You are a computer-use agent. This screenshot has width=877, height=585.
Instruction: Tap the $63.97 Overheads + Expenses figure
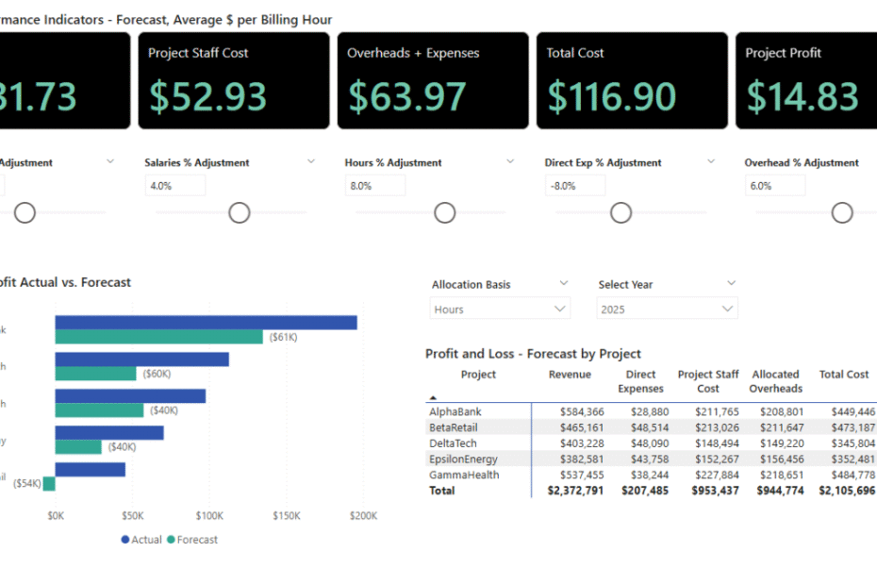coord(407,96)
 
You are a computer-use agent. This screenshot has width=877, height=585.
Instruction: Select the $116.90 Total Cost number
coord(612,96)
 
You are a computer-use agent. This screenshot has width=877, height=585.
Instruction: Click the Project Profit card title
coord(783,53)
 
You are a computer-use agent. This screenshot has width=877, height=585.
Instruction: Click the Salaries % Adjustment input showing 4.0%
coord(175,186)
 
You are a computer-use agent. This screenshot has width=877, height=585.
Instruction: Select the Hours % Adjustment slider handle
coord(444,213)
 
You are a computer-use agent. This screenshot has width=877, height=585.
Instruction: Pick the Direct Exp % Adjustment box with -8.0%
coord(575,186)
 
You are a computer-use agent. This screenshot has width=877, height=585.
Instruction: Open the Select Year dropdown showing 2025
coord(667,309)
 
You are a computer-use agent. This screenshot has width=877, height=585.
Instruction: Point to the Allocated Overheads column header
coord(775,381)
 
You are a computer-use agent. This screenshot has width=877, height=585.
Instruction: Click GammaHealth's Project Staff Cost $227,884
coord(714,475)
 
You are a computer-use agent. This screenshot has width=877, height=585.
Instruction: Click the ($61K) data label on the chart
coord(283,337)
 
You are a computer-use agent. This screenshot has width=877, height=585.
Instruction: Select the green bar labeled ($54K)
coord(49,483)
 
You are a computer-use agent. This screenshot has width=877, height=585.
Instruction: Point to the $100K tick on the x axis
coord(209,516)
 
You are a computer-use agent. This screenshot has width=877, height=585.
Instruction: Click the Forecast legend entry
coord(192,540)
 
